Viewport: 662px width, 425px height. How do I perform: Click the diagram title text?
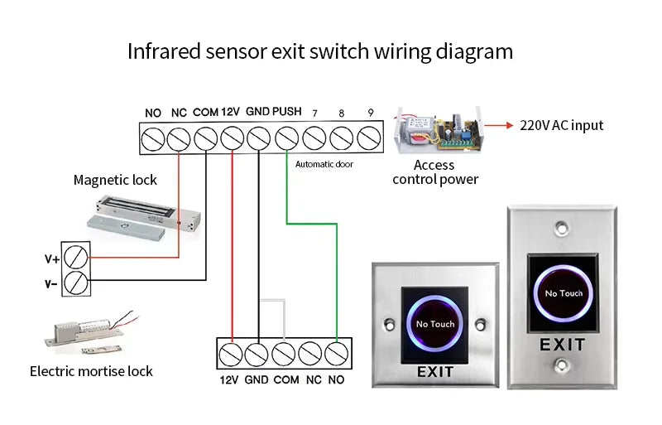tap(319, 51)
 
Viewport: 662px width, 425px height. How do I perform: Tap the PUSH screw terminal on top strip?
tap(286, 137)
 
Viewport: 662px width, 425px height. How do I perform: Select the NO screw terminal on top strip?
tap(152, 137)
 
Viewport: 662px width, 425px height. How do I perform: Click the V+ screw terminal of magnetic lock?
tap(76, 257)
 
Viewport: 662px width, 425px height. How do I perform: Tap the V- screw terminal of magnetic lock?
tap(76, 283)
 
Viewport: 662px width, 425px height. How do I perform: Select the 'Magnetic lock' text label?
tap(115, 180)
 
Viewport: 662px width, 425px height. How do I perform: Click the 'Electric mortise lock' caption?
tap(91, 371)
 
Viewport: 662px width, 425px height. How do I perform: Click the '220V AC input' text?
tap(562, 126)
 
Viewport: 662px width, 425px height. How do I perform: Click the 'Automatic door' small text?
tap(324, 164)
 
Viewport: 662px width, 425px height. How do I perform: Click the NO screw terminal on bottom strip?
tap(336, 353)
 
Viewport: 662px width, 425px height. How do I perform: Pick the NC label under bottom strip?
tap(313, 380)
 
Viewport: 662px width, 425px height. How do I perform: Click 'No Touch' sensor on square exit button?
tap(434, 324)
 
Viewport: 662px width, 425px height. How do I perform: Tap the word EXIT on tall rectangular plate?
tap(563, 345)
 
